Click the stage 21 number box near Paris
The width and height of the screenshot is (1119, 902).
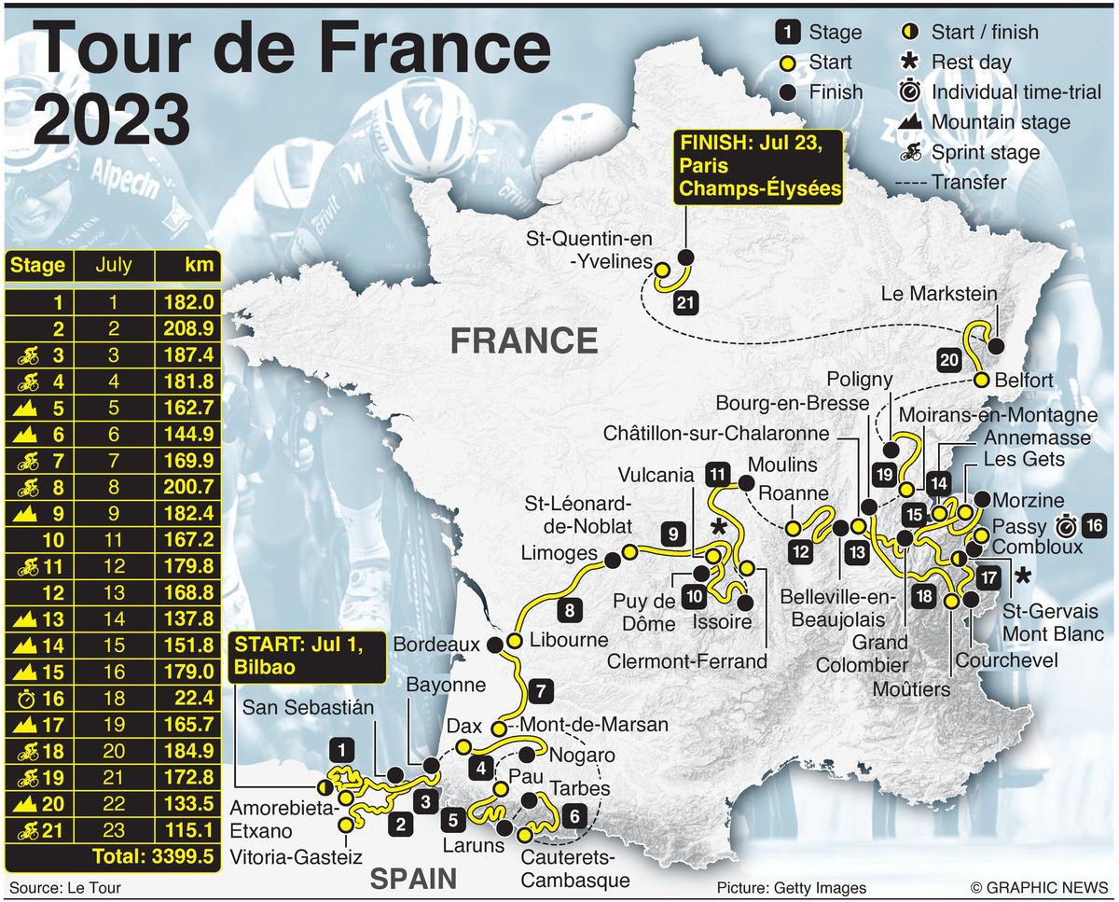(x=685, y=302)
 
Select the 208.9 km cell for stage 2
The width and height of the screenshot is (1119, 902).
(x=191, y=328)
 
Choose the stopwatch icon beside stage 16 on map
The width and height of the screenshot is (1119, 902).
(x=1069, y=524)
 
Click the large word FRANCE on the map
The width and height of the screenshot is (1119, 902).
(x=524, y=340)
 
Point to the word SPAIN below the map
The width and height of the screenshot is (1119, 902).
(x=413, y=878)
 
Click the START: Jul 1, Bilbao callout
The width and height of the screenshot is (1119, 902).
(x=306, y=656)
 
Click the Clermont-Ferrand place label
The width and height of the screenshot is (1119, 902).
(x=686, y=661)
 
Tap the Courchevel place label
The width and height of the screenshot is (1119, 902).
(x=1006, y=659)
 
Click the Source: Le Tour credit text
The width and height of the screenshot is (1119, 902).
(x=65, y=888)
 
